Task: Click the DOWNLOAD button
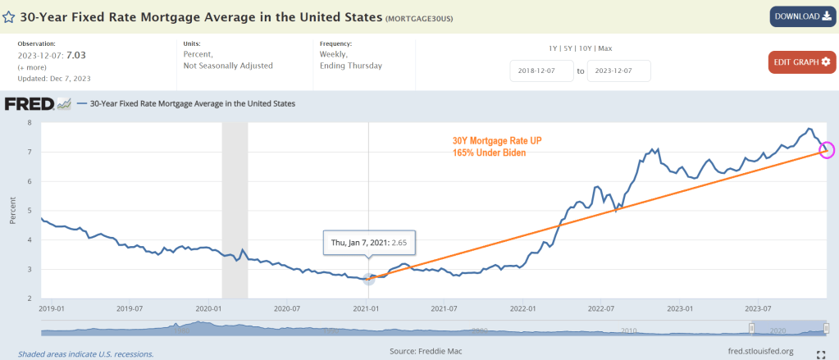[801, 16]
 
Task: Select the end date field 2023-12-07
[619, 71]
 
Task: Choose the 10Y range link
[586, 49]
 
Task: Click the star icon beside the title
[8, 16]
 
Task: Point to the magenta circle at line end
[826, 150]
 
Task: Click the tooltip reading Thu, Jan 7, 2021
[368, 243]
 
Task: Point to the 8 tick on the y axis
[30, 123]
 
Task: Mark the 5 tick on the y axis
[30, 211]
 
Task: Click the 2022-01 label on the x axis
[522, 309]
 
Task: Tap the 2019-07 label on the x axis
[130, 309]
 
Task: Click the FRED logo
[30, 104]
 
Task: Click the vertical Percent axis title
[12, 211]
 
